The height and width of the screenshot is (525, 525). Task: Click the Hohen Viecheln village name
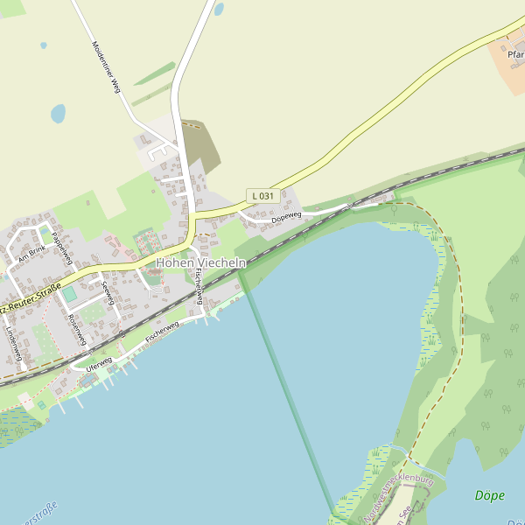point(200,262)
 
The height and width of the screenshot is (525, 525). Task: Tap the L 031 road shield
point(262,196)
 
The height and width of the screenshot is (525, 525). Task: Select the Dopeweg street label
point(286,216)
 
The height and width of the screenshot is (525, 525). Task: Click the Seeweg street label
point(108,292)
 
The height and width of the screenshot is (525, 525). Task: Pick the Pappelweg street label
point(59,248)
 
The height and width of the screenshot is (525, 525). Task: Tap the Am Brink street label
point(31,253)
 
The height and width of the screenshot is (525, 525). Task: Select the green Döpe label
point(489,495)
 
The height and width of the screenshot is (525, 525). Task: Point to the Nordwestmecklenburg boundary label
point(399,499)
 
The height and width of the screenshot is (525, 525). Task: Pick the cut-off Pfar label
point(515,54)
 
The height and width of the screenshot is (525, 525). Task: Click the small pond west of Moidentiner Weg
point(58,114)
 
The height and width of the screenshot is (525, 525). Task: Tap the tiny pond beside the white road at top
point(219,10)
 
